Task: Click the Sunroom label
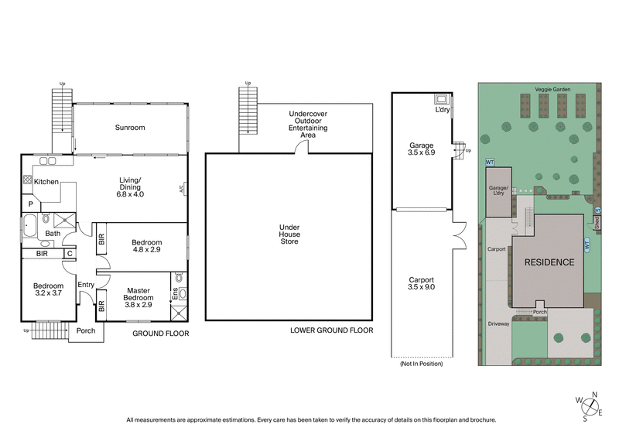(x=130, y=128)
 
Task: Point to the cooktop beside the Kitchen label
(x=27, y=180)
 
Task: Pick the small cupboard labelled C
(x=69, y=253)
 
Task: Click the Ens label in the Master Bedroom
(x=175, y=295)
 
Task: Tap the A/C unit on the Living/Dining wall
(x=183, y=188)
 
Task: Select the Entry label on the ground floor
(x=85, y=285)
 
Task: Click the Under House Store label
(x=289, y=234)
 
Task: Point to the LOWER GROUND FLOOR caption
(x=331, y=330)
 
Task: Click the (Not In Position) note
(x=421, y=363)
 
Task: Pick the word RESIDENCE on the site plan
(x=549, y=262)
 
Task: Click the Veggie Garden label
(x=552, y=90)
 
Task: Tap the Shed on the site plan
(x=597, y=222)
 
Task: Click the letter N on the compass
(x=593, y=395)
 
